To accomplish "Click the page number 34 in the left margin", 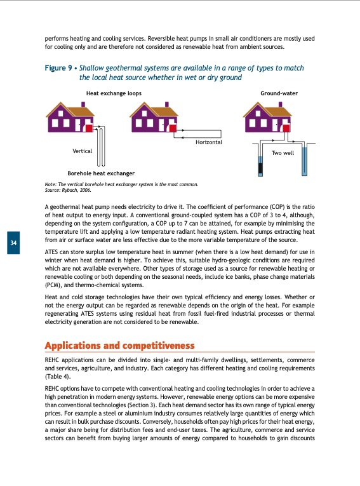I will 13,244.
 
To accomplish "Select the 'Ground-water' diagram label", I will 279,93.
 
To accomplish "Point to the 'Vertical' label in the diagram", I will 83,151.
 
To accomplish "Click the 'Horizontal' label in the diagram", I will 209,142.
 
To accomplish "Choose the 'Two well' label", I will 282,153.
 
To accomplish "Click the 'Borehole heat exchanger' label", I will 100,173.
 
